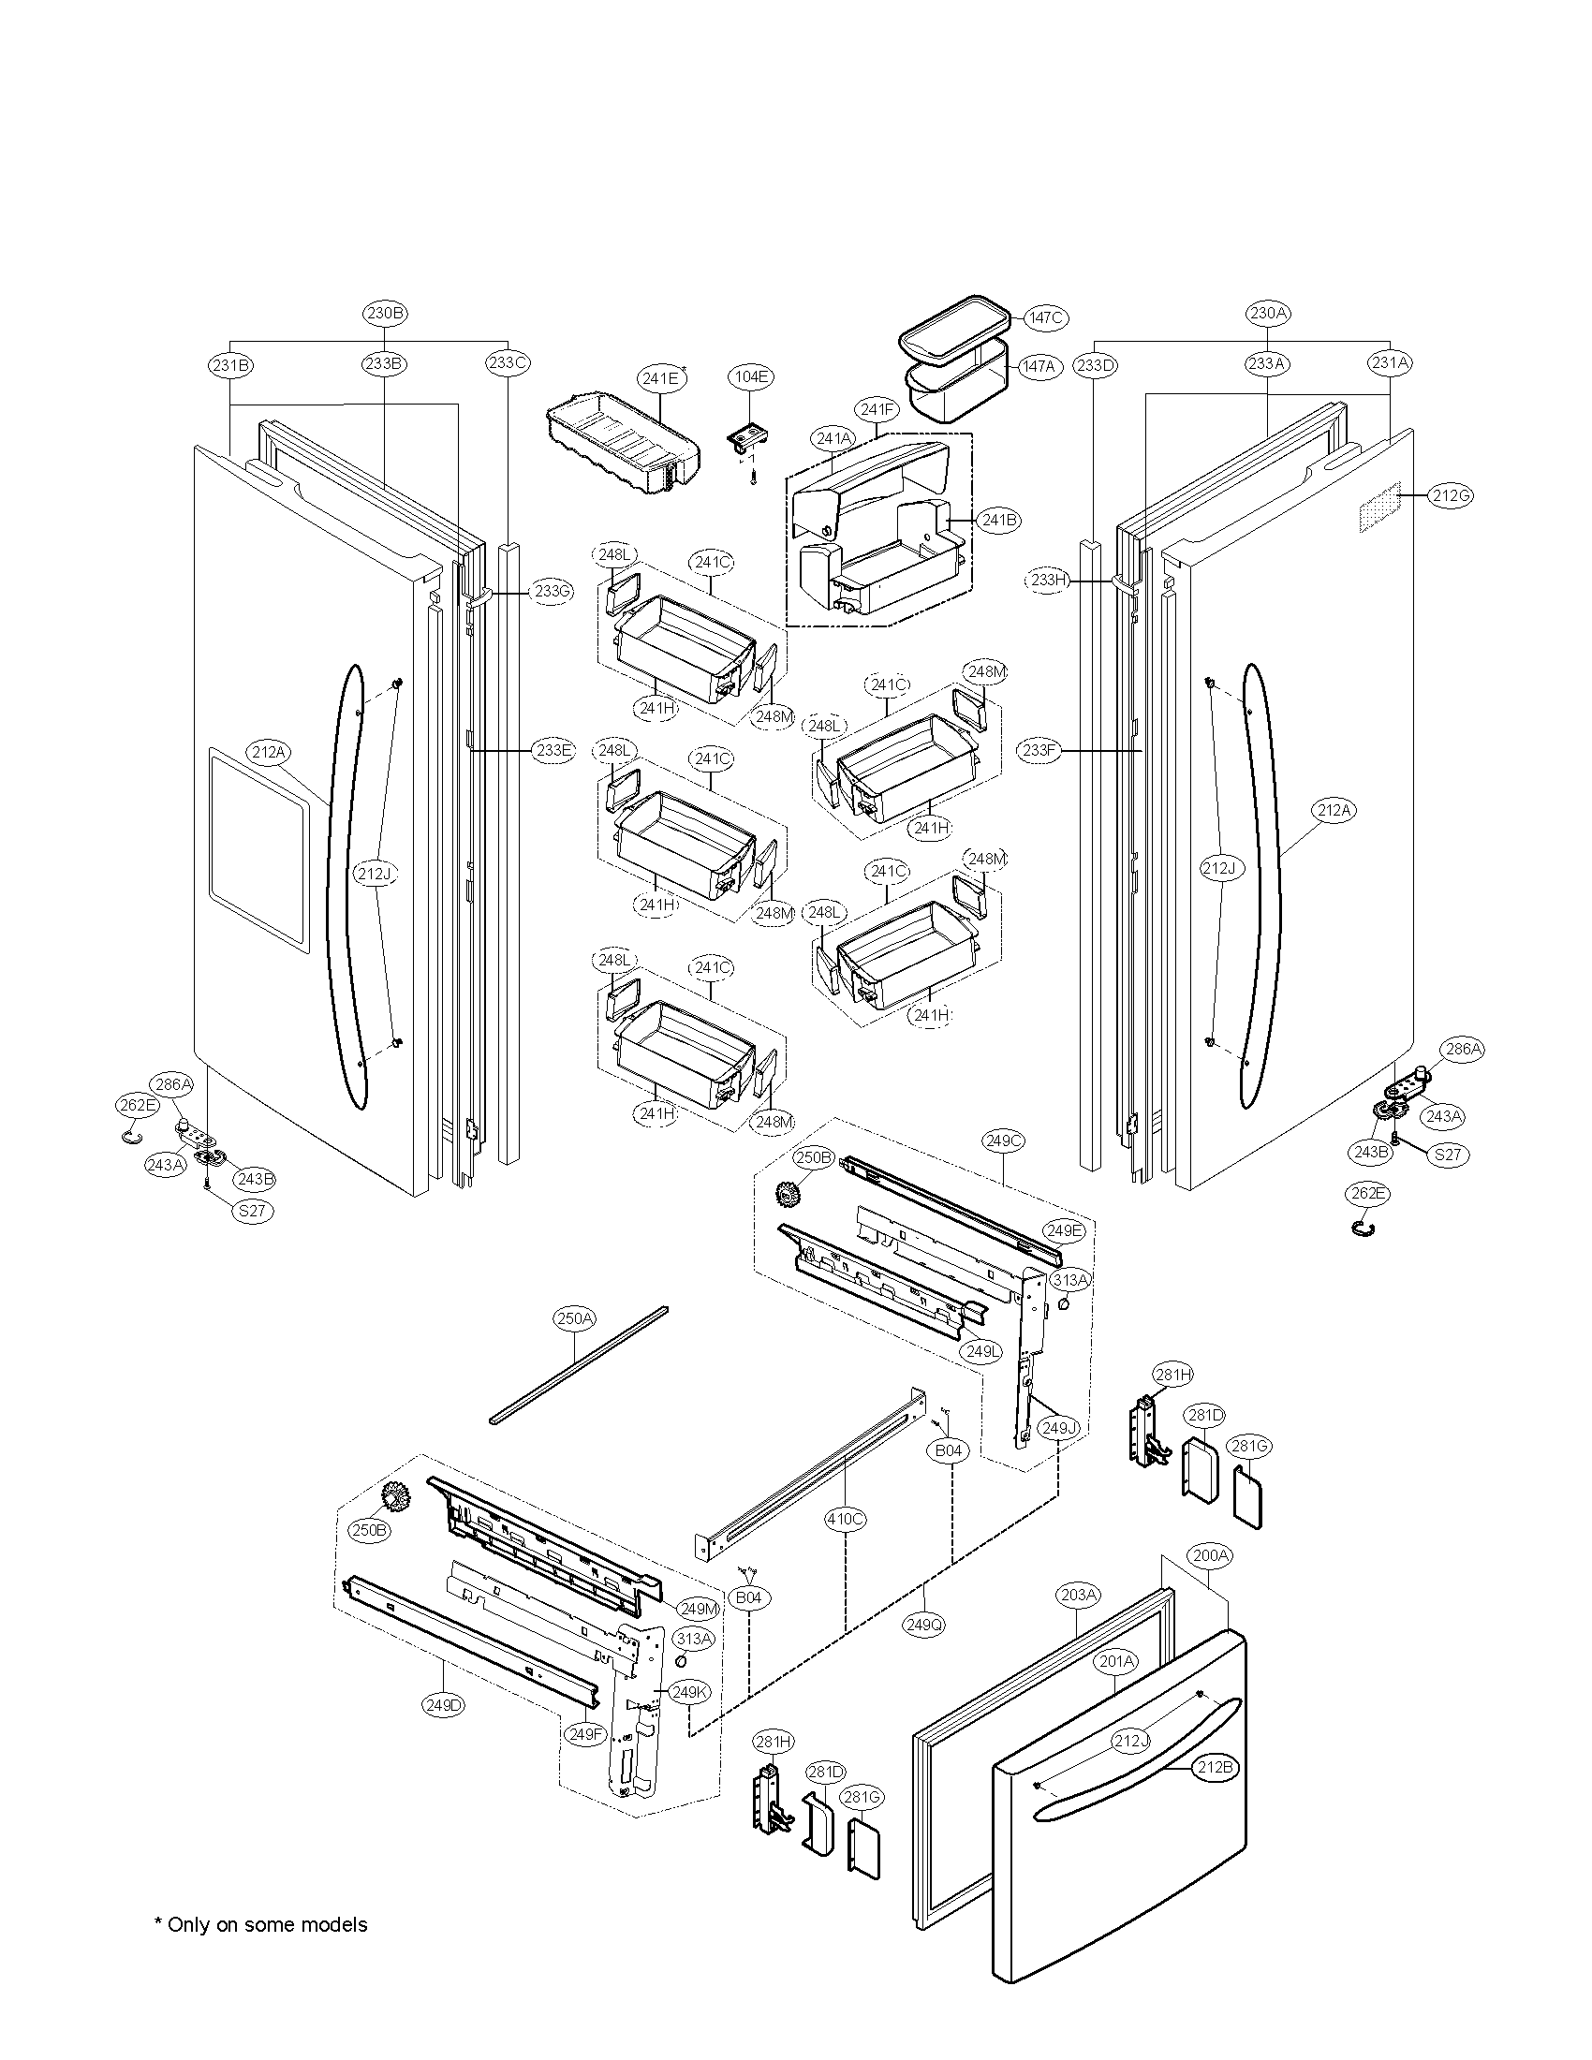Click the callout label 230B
[x=385, y=312]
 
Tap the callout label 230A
[x=1267, y=312]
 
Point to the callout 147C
[x=1045, y=317]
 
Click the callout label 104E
[x=752, y=376]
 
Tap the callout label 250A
[x=574, y=1318]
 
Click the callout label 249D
[x=444, y=1704]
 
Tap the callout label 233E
[x=552, y=751]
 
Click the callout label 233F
[x=1040, y=751]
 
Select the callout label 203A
[x=1077, y=1595]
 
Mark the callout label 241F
[x=877, y=409]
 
